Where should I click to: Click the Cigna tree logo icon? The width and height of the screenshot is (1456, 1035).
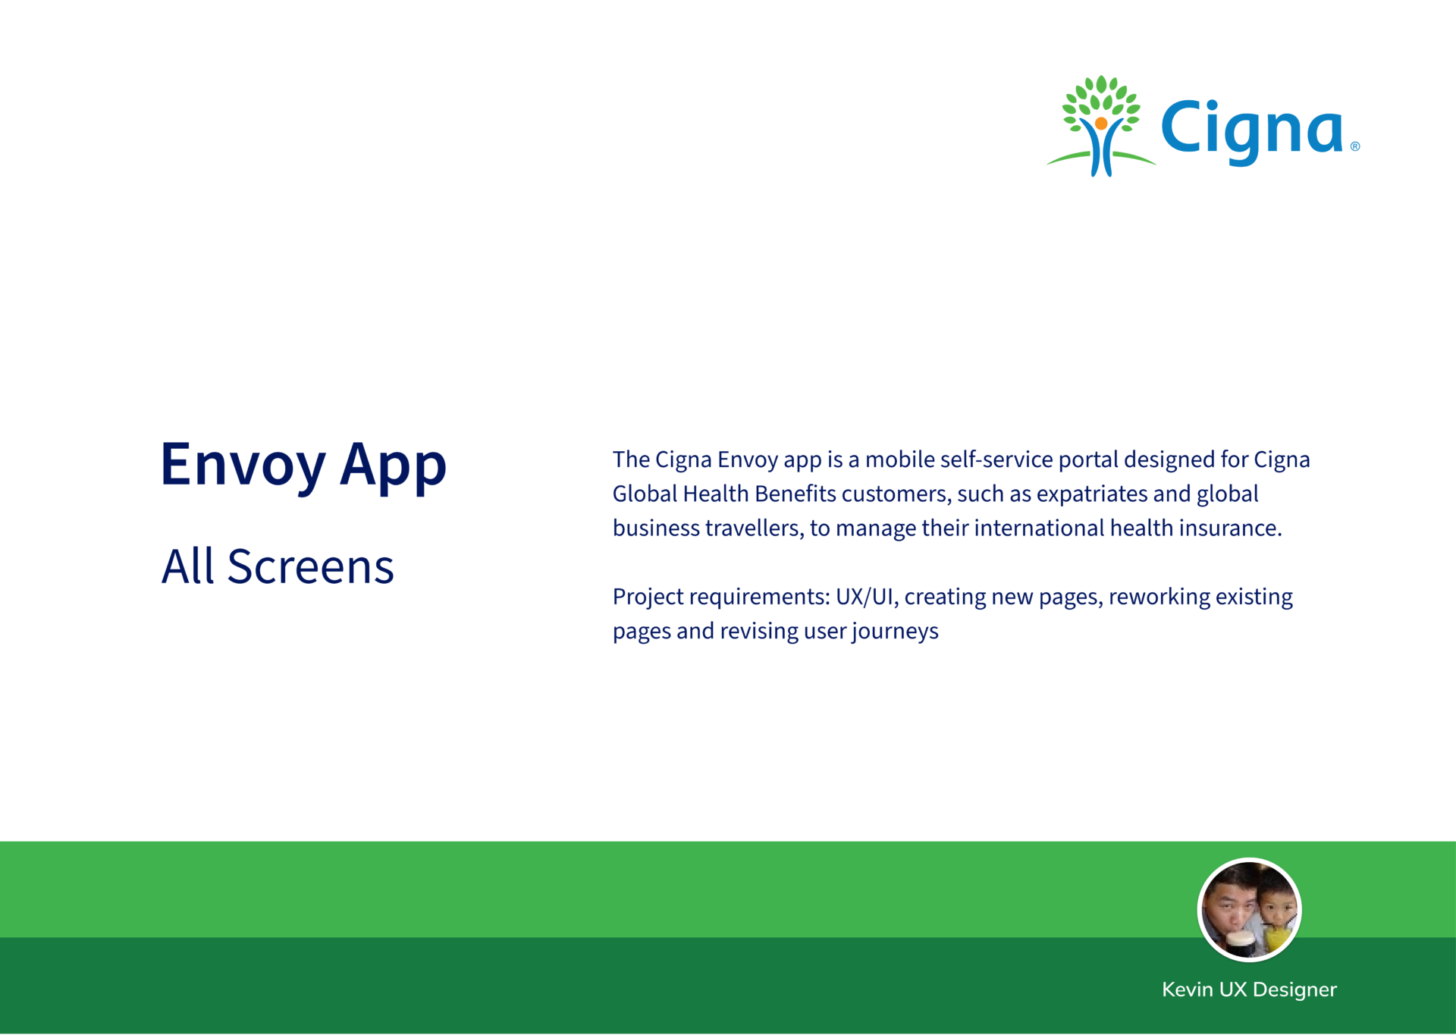pos(1101,126)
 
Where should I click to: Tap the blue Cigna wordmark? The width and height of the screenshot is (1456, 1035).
pos(1251,131)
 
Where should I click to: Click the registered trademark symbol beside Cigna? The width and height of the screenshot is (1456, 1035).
pos(1355,146)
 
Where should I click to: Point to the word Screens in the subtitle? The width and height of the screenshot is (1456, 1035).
pos(311,566)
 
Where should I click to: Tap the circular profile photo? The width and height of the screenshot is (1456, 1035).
pos(1249,910)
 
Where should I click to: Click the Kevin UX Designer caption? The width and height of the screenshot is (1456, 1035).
pos(1249,990)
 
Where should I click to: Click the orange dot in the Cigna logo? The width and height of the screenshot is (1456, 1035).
pos(1101,123)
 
